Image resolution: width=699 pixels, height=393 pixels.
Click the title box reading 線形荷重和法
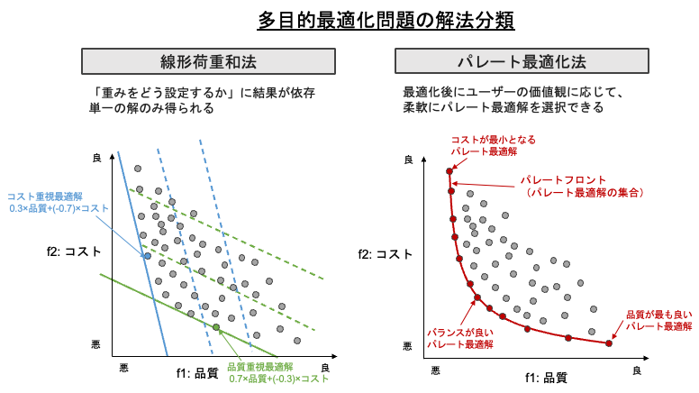tap(208, 61)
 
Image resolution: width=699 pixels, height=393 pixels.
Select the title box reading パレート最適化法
tap(522, 61)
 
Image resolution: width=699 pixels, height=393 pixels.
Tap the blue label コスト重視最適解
tap(45, 196)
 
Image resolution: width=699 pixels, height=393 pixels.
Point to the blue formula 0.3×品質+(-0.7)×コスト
tap(59, 208)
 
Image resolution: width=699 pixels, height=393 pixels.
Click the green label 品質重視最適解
tap(259, 367)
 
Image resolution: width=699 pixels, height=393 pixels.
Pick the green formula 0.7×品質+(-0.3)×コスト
tap(278, 379)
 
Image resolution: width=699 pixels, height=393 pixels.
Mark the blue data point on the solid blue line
tap(147, 256)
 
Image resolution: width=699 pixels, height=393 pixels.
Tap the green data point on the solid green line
tap(216, 327)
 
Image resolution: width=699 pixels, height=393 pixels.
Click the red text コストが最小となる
tap(493, 140)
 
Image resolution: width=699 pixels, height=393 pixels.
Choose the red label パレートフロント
tap(564, 179)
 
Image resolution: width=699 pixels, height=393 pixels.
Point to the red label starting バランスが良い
tap(459, 333)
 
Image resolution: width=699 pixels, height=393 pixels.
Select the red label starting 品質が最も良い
tap(658, 315)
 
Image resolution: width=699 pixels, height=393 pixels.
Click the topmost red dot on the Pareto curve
tap(449, 170)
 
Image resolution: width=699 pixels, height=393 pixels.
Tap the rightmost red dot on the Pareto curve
tap(609, 343)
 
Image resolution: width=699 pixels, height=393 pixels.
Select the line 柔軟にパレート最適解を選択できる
tap(503, 107)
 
